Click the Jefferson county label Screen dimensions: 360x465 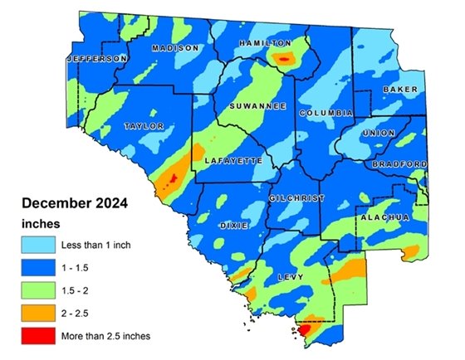97,60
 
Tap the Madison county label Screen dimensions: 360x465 175,48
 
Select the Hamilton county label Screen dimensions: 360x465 265,42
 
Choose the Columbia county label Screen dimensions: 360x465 326,112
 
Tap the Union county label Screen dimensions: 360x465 380,132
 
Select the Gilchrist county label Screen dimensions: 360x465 296,199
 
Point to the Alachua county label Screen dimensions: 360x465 385,216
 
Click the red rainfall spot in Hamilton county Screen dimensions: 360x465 285,59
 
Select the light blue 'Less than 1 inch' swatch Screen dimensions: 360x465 37,246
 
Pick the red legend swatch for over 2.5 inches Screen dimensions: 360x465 37,337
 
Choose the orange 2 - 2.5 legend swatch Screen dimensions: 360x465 37,314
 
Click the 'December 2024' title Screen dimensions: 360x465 72,203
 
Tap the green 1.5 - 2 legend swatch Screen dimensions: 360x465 37,291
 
